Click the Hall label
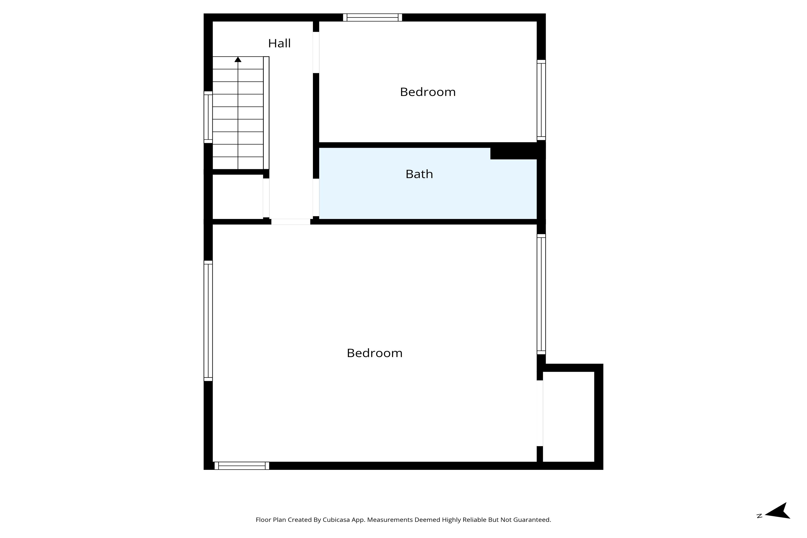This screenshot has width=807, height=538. coord(279,43)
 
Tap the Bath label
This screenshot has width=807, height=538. coord(419,174)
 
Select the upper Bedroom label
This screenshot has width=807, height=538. coord(427,92)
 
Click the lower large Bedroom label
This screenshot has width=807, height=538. coord(374,353)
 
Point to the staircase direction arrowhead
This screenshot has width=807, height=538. coord(238,60)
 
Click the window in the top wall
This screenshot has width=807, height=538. coord(372,17)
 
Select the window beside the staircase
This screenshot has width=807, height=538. coord(208,117)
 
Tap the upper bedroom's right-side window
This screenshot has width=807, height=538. coord(541,100)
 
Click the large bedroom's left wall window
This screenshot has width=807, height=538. coord(208,321)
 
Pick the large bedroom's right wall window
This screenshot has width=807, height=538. coord(541,294)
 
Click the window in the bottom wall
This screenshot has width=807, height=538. coord(242,466)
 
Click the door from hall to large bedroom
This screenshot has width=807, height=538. coord(291,222)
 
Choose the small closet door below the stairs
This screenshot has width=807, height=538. coord(266,198)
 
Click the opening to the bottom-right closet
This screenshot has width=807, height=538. coord(540,413)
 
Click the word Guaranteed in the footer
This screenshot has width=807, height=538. coord(533,520)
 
